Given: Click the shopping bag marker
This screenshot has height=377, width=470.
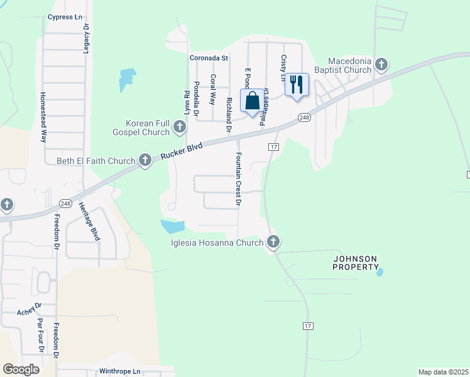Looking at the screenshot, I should pos(252,101).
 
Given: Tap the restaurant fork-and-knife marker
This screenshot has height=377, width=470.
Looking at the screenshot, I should pos(297,84).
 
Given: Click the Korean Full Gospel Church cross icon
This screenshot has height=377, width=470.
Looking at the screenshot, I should pos(179,128).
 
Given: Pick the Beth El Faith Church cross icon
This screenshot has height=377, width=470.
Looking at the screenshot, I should pos(145,161).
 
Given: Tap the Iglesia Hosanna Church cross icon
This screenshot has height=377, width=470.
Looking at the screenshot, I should pos(273,242).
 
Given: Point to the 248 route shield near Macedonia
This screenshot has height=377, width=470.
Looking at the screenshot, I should pos(304,117).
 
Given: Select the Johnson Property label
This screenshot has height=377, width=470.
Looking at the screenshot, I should pos(355,263).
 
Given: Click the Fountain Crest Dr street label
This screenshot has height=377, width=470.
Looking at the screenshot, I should pos(238,179).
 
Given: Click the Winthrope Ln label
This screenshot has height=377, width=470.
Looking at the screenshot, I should pos(120,371).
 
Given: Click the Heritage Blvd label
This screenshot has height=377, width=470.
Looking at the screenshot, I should pos(90,221).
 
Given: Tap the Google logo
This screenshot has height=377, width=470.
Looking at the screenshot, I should pos(21,369).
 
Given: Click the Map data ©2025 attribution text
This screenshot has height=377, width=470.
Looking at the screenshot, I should pos(443,372).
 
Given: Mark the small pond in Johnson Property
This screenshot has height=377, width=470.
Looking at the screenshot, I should pos(379,272).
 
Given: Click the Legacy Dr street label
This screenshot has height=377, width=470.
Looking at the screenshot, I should pos(87,40).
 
